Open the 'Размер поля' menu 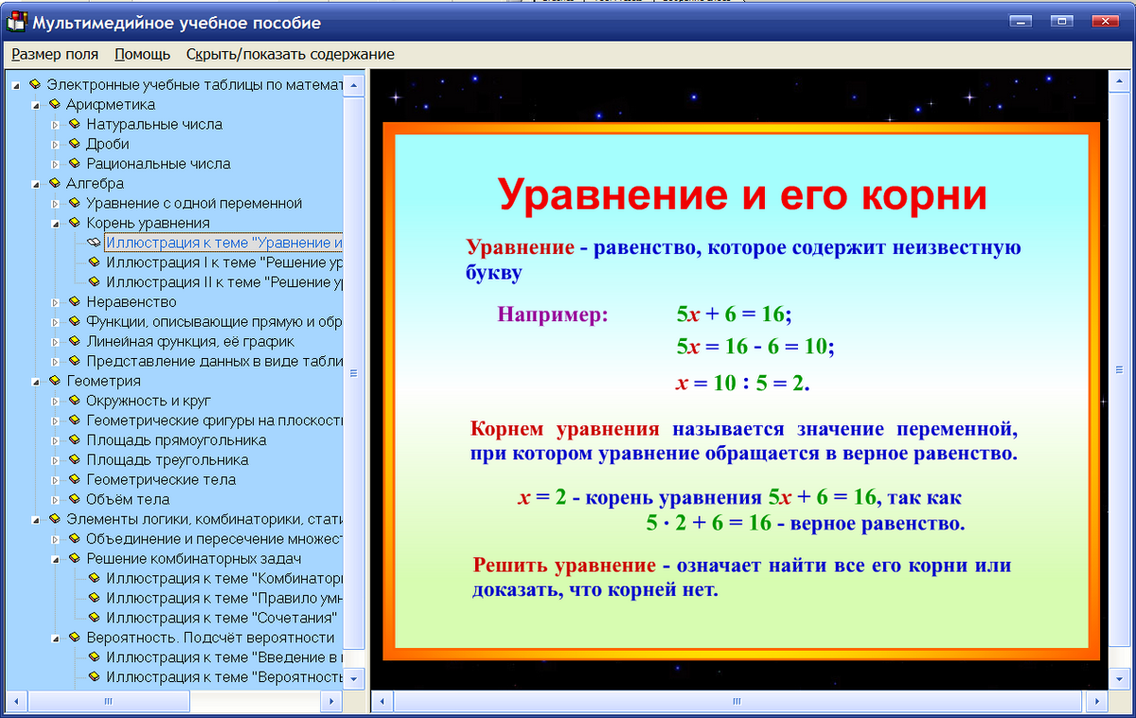coord(55,54)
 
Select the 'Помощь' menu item coord(142,54)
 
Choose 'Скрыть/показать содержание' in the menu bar coord(290,54)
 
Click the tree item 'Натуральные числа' coord(154,124)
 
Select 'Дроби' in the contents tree coord(108,144)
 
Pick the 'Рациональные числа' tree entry coord(158,164)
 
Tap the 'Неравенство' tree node coord(131,302)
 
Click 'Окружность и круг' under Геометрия coord(149,401)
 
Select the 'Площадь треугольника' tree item coord(167,460)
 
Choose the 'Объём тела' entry coord(128,499)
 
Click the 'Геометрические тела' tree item coord(161,480)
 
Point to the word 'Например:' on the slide coord(552,314)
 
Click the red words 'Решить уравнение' coord(564,566)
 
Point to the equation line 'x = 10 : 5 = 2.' coord(743,384)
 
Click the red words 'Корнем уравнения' coord(564,428)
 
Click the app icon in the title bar coord(16,22)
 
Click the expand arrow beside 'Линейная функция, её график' coord(55,342)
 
